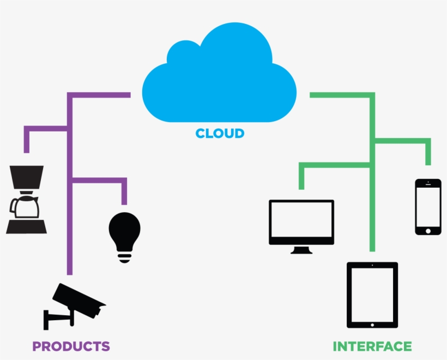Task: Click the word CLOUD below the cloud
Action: coord(220,133)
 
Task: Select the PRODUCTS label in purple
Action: coord(71,346)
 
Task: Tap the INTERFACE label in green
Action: coord(372,346)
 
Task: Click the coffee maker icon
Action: coord(26,200)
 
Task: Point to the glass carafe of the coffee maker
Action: coord(25,206)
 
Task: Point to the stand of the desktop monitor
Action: coord(301,250)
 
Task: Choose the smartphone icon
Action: coord(428,207)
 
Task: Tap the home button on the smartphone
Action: coord(428,230)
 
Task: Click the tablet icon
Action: coord(372,295)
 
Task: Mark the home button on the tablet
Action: coord(372,325)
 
